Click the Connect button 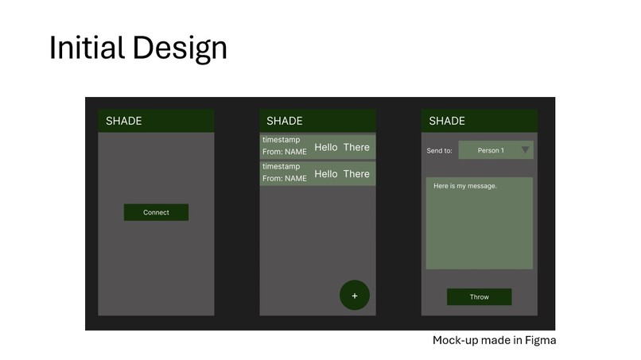(156, 212)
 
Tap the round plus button (355, 296)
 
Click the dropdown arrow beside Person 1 (525, 149)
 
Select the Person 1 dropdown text (491, 150)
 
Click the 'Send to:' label (439, 150)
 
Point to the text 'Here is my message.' (465, 186)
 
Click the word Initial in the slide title (87, 48)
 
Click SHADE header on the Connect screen (123, 121)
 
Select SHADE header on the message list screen (285, 121)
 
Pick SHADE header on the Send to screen (447, 121)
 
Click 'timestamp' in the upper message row (282, 140)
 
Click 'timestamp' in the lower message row (282, 166)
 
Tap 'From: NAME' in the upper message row (285, 152)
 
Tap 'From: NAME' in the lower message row (285, 178)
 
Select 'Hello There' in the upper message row (342, 147)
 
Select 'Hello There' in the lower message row (342, 173)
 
